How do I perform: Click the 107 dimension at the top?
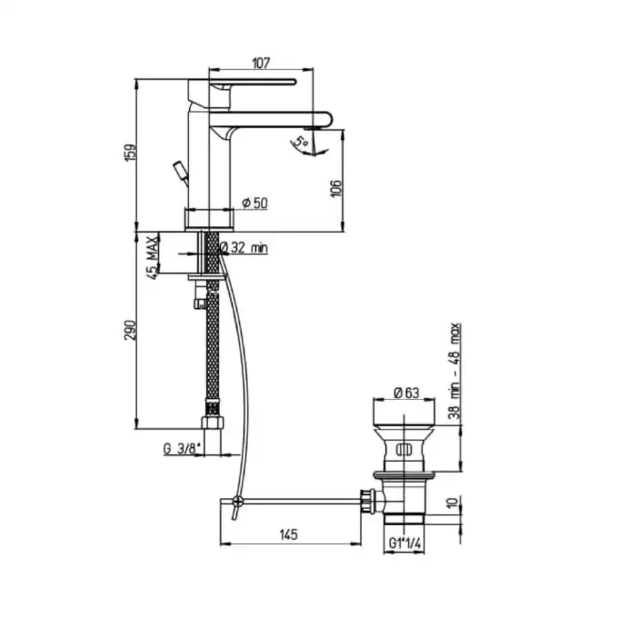[261, 64]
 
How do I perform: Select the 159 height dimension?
[131, 152]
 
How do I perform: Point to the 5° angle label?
[301, 142]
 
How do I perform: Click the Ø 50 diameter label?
[255, 203]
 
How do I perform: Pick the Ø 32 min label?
[244, 247]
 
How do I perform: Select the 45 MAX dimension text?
[152, 257]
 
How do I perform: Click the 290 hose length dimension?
[131, 330]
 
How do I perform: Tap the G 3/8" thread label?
[182, 449]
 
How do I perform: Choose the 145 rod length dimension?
[289, 534]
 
